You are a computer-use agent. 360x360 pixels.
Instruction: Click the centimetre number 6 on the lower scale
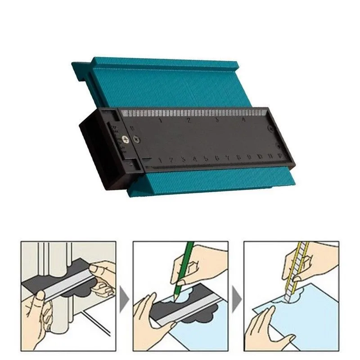(217, 158)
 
